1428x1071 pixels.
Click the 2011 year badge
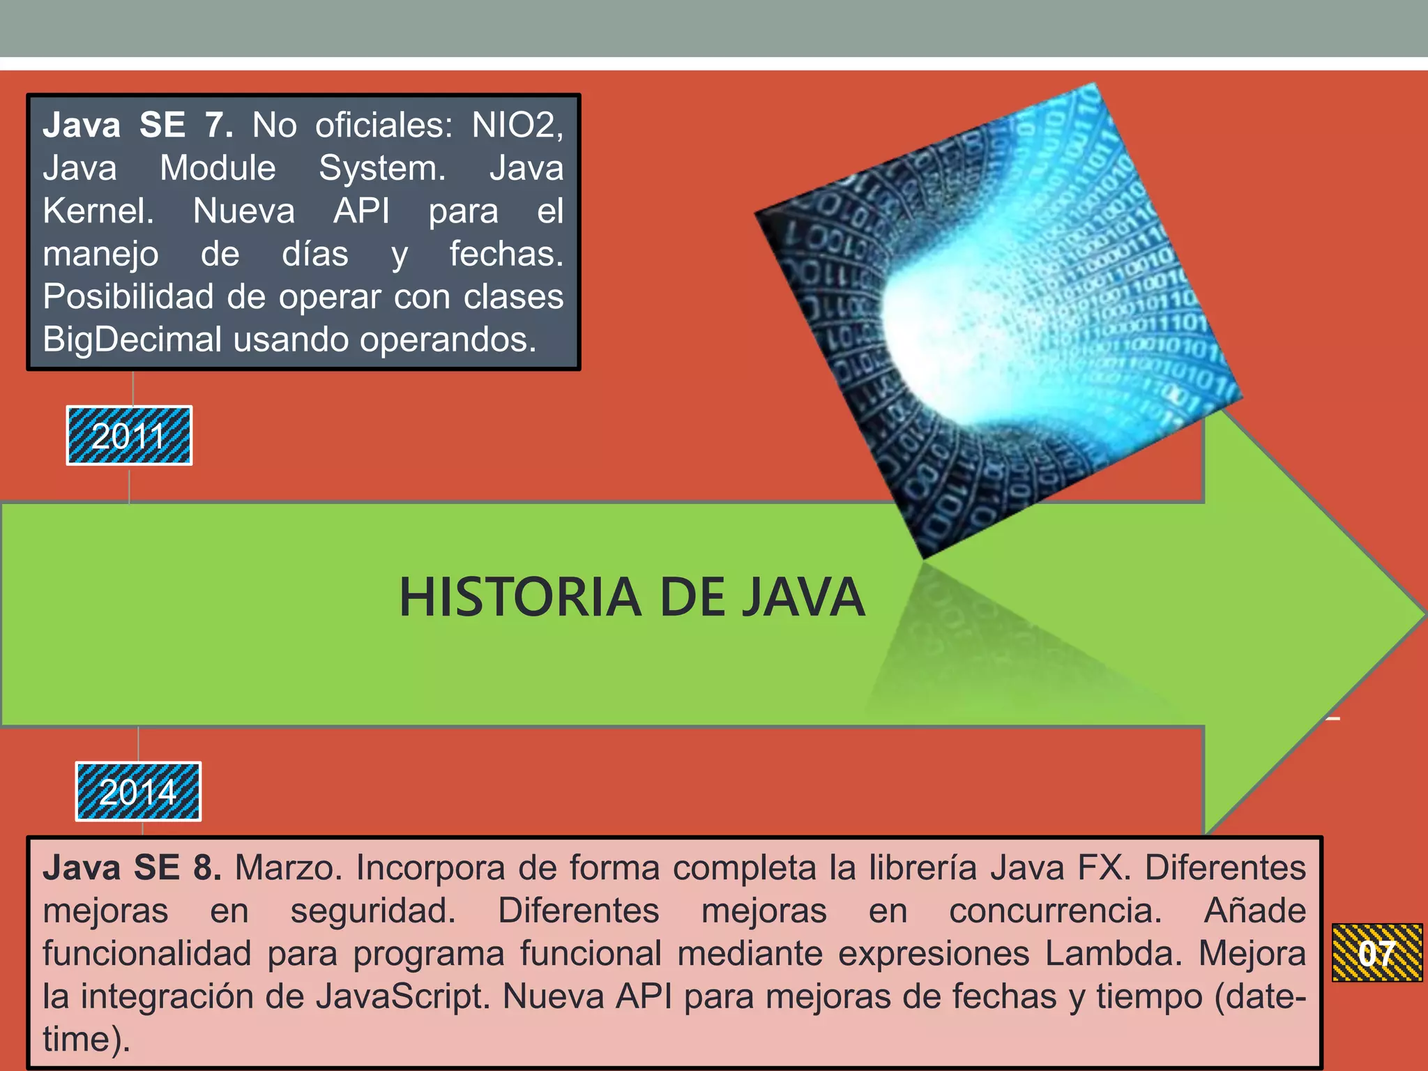pos(129,436)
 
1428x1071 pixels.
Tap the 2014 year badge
pos(138,791)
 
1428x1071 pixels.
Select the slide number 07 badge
pos(1376,952)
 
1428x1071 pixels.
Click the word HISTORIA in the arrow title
pos(519,598)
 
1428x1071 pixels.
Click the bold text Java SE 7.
pos(137,126)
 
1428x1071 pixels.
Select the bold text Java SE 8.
pos(132,868)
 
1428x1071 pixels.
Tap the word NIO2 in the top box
pos(516,126)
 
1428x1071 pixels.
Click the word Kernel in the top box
pos(98,211)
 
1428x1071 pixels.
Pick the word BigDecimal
pos(132,340)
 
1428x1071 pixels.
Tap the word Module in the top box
pos(218,168)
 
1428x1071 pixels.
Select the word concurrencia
pos(1055,911)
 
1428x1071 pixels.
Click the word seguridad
pos(373,911)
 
